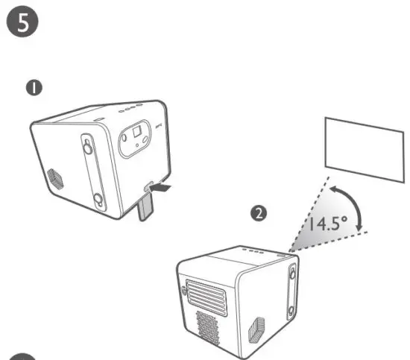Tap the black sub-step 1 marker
pos(34,89)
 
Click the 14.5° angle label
pos(329,222)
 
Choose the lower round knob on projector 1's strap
pos(97,199)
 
